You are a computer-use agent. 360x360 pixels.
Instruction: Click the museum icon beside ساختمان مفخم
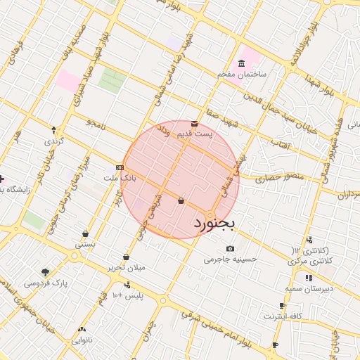(242, 62)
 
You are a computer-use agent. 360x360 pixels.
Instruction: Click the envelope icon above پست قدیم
(194, 124)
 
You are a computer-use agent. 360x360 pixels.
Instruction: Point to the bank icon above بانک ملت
(120, 167)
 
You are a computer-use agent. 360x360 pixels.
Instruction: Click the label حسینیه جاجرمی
(231, 259)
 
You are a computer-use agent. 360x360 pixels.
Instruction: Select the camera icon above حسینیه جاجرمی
(231, 249)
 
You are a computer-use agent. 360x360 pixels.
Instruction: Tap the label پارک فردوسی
(45, 283)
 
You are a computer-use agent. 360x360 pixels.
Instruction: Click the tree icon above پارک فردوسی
(46, 272)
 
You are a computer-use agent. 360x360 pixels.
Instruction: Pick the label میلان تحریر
(125, 268)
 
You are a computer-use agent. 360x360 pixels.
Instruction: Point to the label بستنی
(85, 245)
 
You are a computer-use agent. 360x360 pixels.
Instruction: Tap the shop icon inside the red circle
(181, 201)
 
